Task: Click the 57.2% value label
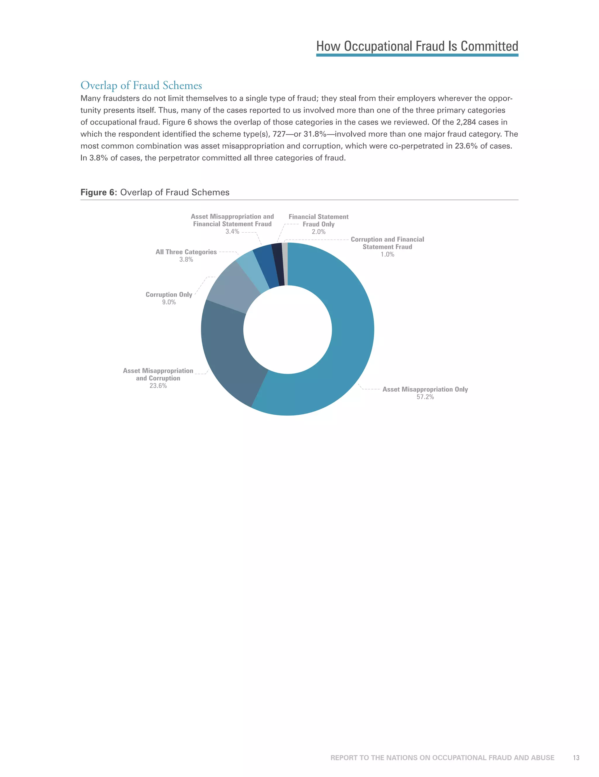tap(425, 397)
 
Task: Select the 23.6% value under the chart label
tap(158, 386)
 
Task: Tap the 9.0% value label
tap(169, 302)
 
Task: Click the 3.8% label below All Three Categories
tap(186, 260)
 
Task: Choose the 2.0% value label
tap(319, 232)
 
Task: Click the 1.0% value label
tap(387, 255)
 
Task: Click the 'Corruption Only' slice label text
tap(169, 295)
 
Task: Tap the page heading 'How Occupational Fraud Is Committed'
tap(417, 46)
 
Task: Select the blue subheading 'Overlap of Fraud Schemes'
tap(141, 85)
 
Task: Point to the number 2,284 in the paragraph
tap(466, 122)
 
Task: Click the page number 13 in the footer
tap(576, 757)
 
